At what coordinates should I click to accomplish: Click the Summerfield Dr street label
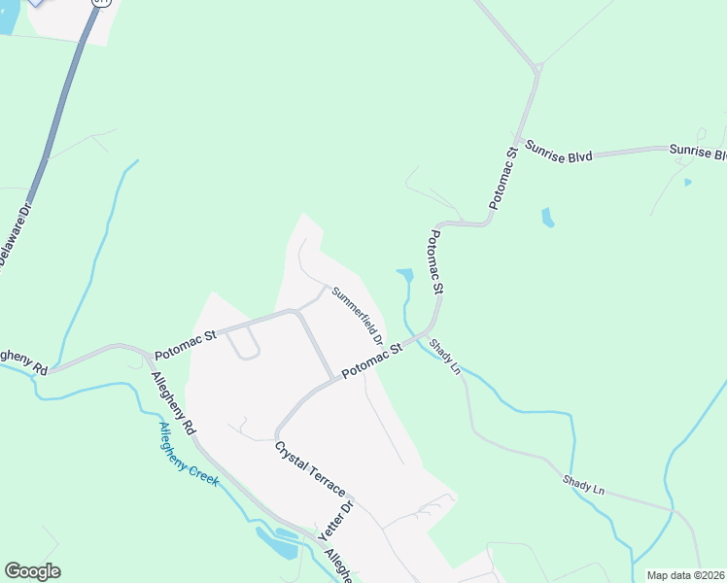[356, 314]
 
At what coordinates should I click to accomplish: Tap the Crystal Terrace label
[309, 470]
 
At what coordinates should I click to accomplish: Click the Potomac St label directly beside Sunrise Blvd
[502, 180]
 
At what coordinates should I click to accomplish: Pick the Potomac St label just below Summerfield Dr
[371, 360]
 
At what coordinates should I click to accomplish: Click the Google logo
[32, 571]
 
